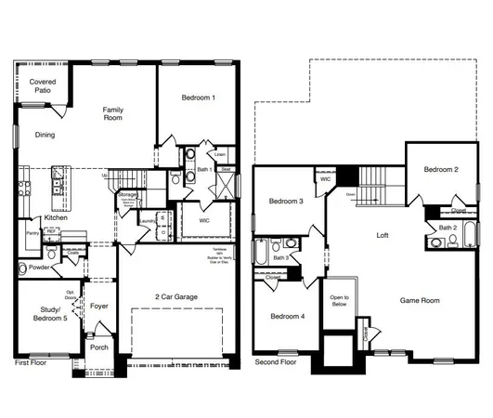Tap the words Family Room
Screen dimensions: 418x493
[x=113, y=113]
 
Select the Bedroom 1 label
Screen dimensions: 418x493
[x=197, y=98]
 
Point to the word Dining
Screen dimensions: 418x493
[x=45, y=135]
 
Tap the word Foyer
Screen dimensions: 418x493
[x=99, y=305]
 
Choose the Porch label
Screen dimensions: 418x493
[x=98, y=347]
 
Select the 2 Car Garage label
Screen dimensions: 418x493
[x=177, y=297]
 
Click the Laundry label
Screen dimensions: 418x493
[x=147, y=220]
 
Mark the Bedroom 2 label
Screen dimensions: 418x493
[x=441, y=170]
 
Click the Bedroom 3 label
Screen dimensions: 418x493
[x=286, y=202]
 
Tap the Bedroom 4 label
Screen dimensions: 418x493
[x=288, y=317]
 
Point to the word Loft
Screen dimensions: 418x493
[x=382, y=236]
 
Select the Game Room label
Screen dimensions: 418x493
[x=420, y=301]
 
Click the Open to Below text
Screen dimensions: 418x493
[x=340, y=301]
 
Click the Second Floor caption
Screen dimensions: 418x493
[x=276, y=362]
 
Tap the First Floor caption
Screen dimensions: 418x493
[x=31, y=364]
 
